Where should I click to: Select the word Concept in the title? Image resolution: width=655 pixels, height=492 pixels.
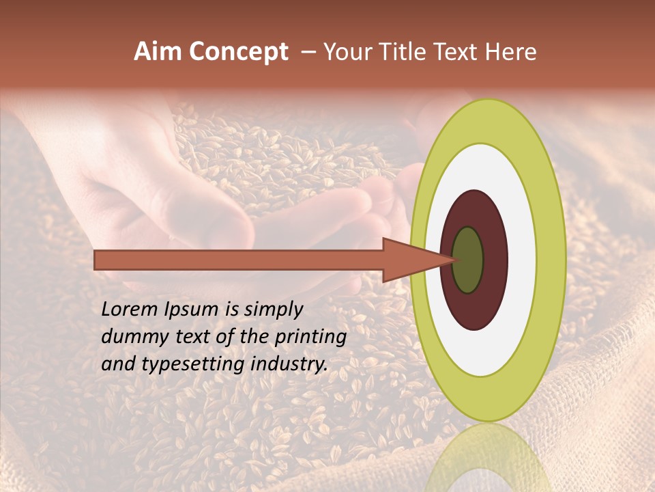tap(237, 53)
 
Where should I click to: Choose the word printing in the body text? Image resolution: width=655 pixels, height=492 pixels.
tap(310, 337)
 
